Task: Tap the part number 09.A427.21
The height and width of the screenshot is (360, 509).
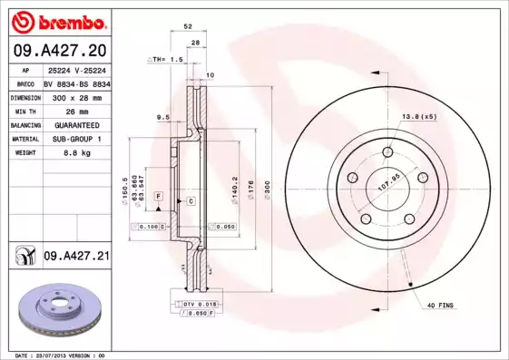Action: [x=76, y=258]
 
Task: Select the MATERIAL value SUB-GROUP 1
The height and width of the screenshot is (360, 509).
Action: [x=71, y=139]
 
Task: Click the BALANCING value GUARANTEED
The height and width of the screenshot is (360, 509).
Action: [x=71, y=124]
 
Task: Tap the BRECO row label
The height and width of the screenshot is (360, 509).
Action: [x=25, y=83]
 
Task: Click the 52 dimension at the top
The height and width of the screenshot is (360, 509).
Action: [x=188, y=28]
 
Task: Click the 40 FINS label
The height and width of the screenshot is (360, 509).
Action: [x=440, y=306]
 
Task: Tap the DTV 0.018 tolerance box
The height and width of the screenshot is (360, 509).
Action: [x=193, y=302]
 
